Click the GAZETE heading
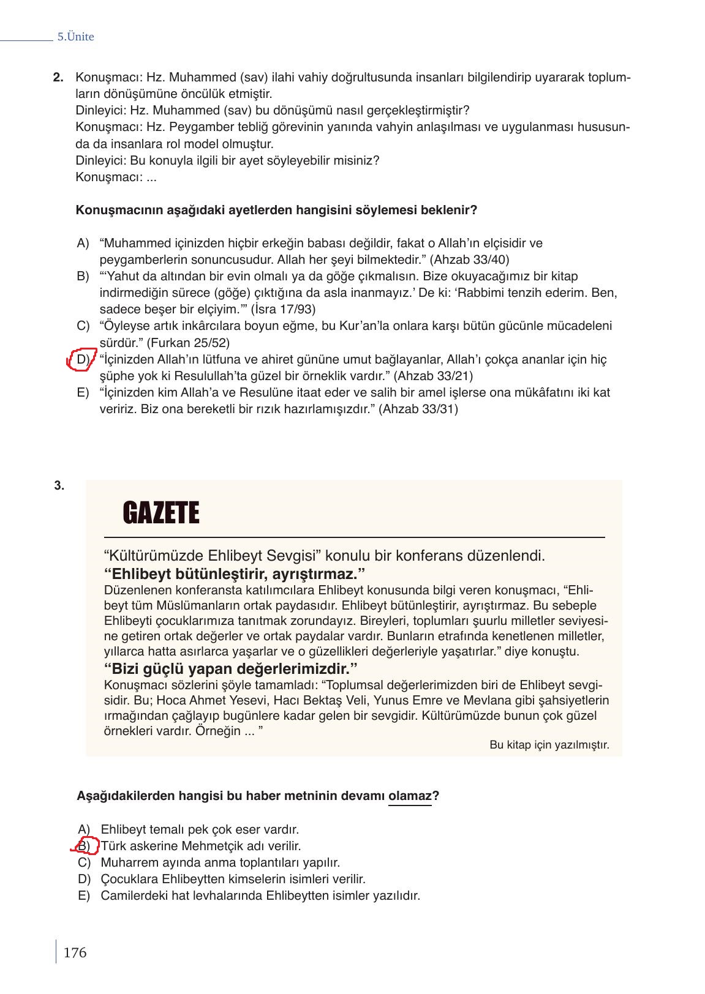point(161,513)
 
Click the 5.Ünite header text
point(75,37)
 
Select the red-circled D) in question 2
point(82,359)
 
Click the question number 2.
point(58,78)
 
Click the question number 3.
point(59,486)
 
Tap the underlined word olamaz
point(410,796)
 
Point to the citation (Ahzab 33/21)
point(433,375)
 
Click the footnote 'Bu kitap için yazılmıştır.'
point(549,745)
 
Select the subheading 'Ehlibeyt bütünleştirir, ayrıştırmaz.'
point(235,574)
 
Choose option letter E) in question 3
point(84,895)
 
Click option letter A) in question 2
point(83,243)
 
